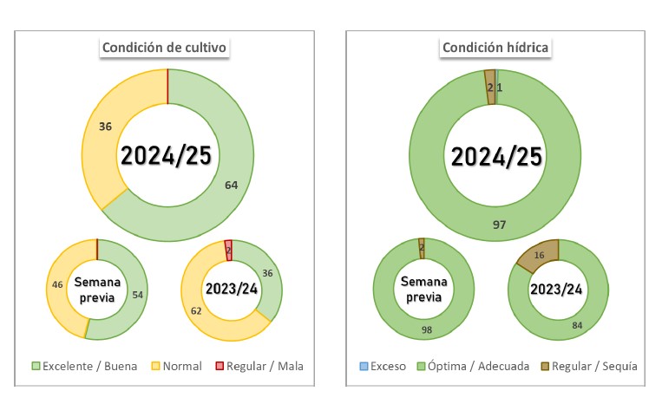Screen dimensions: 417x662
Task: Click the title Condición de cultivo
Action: tap(166, 48)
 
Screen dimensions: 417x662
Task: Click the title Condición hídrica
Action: tap(495, 48)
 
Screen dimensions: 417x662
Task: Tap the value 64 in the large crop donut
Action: tap(231, 184)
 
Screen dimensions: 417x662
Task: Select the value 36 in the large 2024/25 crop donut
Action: tap(106, 127)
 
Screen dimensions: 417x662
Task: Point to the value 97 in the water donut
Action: tap(499, 225)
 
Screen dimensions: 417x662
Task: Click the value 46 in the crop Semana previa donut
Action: tap(58, 284)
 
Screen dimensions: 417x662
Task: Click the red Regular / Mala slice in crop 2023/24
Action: tap(228, 250)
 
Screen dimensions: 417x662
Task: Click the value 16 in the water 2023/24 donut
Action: tap(539, 256)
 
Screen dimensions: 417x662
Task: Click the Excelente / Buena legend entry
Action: tap(84, 366)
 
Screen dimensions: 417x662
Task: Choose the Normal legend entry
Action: tap(176, 366)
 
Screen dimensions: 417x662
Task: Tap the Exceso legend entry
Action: tap(381, 366)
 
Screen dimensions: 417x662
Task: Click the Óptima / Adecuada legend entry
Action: tap(472, 366)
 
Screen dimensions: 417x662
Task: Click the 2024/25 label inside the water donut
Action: tap(495, 156)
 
